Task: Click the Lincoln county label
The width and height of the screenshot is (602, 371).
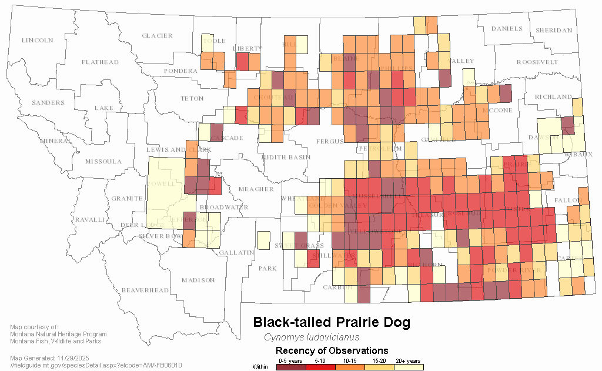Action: coord(37,41)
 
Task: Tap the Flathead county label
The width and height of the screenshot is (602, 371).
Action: coord(100,62)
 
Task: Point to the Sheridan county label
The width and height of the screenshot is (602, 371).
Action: coord(554,30)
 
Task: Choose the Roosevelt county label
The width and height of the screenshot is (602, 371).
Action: coord(537,62)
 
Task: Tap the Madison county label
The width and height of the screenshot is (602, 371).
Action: coord(198,280)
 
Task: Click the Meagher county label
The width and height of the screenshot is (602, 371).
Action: coord(256,189)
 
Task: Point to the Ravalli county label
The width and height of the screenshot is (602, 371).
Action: coord(89,220)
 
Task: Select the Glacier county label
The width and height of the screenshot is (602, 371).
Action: coord(158,36)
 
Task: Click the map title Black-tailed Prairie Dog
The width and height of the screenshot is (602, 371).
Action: coord(332,322)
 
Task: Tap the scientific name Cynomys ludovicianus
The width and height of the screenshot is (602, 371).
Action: coord(312,338)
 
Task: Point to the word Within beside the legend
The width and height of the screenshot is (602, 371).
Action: coord(260,367)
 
